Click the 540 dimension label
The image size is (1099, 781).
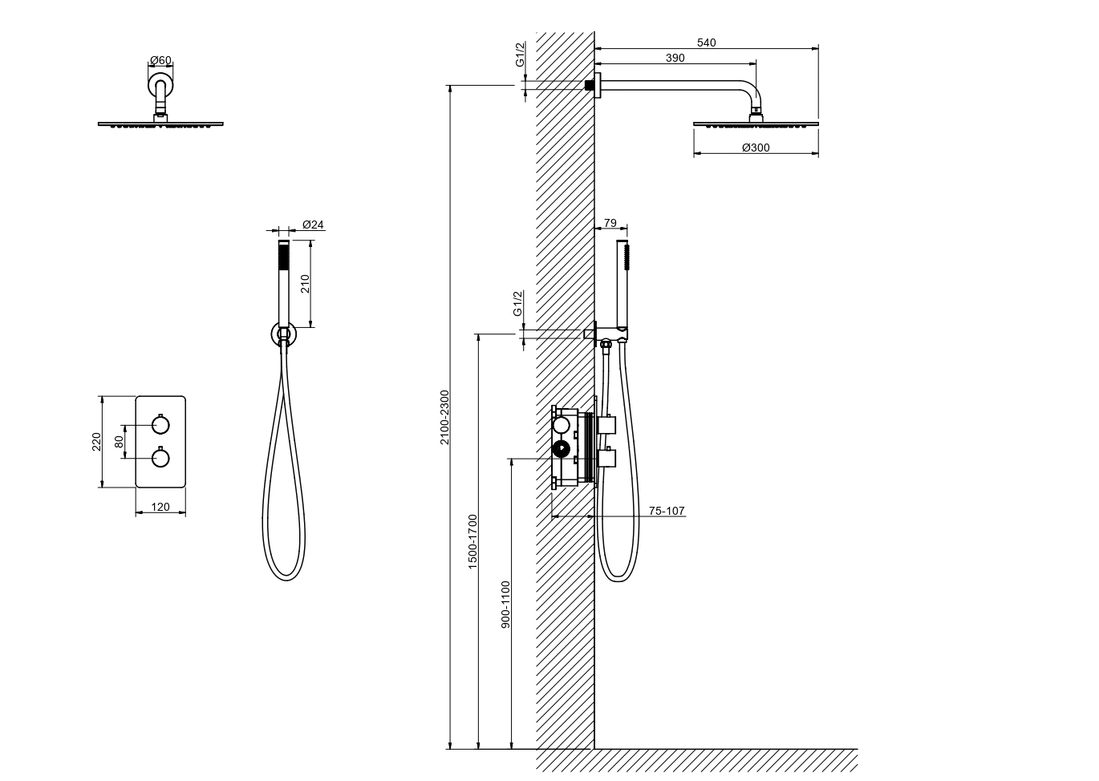tap(706, 42)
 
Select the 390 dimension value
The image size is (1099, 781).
tap(675, 58)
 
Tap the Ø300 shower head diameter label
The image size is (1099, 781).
tap(756, 148)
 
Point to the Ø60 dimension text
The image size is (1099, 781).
tap(160, 60)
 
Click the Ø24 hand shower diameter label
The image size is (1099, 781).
tap(313, 225)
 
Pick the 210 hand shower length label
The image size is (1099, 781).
tap(305, 284)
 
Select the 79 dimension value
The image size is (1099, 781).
tap(610, 223)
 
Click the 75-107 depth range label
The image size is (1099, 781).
tap(667, 511)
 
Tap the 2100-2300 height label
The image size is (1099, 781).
tap(444, 417)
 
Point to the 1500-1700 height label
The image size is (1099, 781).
tap(472, 541)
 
